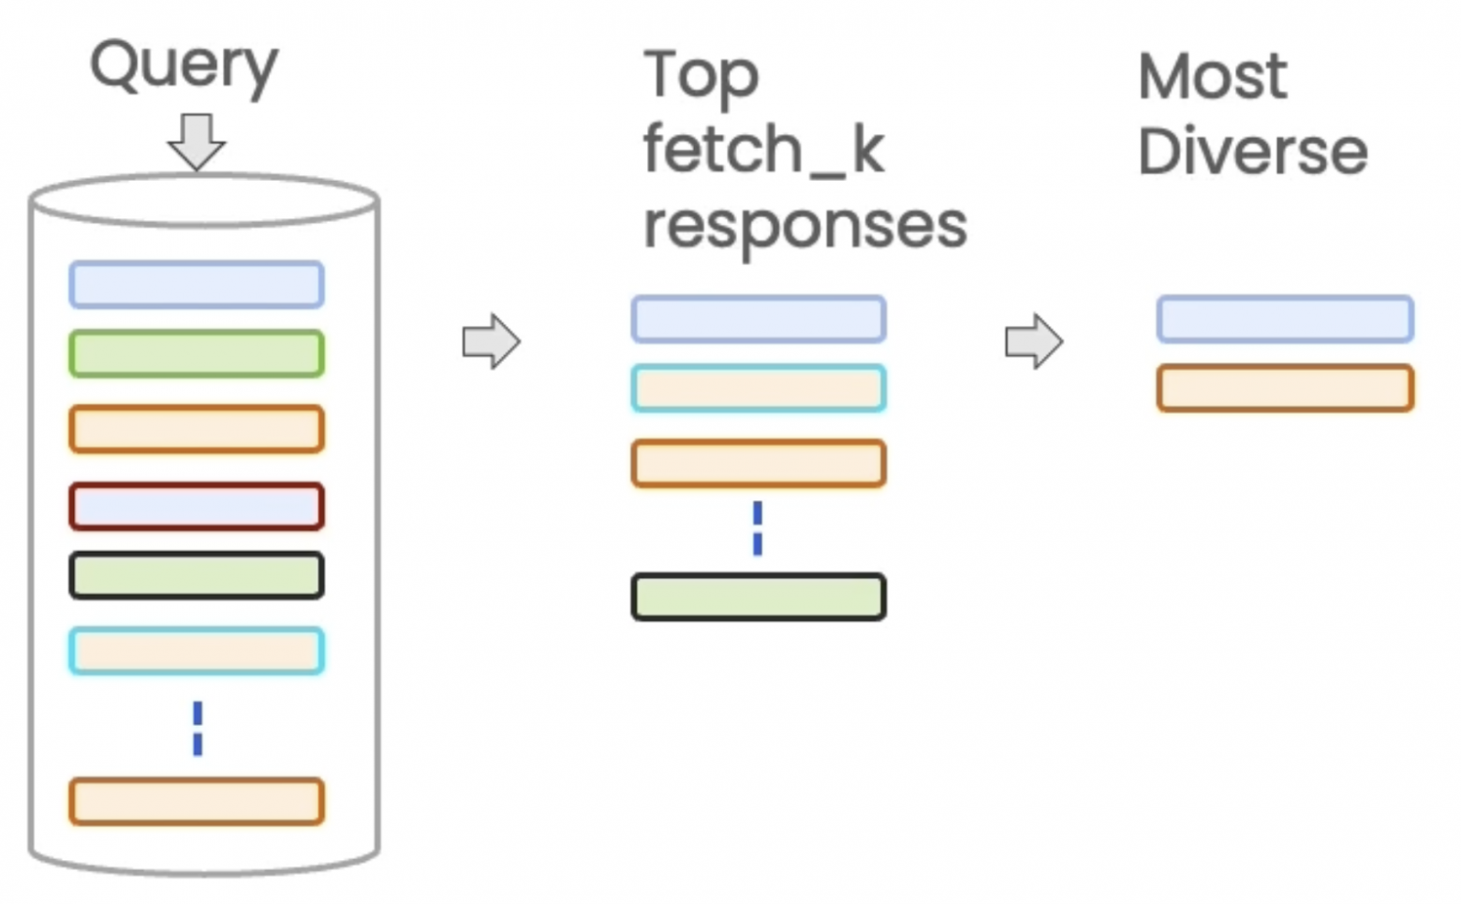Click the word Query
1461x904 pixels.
[184, 66]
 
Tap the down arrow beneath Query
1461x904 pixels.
[196, 141]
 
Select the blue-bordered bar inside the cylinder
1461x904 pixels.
[197, 285]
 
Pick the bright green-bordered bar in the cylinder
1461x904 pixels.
[197, 354]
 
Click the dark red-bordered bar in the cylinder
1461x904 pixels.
[197, 507]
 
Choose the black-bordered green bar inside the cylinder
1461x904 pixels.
[197, 576]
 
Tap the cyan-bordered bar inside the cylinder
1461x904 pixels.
[197, 651]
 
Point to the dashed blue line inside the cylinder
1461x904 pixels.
[198, 729]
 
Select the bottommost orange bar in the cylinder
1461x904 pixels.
[197, 802]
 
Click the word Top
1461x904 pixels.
[701, 75]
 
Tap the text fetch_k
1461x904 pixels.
[763, 150]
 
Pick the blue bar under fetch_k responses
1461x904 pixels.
[759, 319]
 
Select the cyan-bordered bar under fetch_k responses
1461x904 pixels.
[759, 389]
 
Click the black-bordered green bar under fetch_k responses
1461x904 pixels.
[759, 597]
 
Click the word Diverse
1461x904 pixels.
[1252, 152]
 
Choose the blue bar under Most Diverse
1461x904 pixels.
[1285, 319]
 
